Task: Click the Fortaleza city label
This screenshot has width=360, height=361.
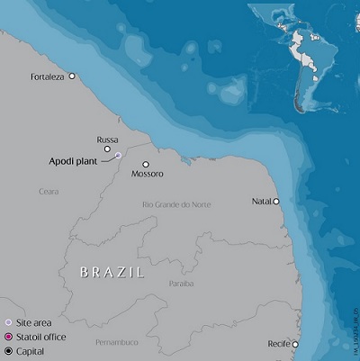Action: [x=48, y=77]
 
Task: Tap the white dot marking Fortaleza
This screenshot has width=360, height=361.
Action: [x=72, y=77]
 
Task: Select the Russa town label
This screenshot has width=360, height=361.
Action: [x=107, y=140]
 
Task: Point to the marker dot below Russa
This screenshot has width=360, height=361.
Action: [x=107, y=149]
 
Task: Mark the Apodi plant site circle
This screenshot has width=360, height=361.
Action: [x=118, y=156]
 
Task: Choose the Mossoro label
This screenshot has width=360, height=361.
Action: [x=147, y=173]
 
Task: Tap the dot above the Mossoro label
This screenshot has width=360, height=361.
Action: [x=145, y=164]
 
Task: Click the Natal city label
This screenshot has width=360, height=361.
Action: [x=262, y=202]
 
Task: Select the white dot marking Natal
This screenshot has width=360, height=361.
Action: [x=276, y=202]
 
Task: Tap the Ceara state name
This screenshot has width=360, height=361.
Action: [x=49, y=191]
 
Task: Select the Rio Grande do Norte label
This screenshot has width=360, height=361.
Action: [x=176, y=205]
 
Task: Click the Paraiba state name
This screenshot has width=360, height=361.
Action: [x=181, y=283]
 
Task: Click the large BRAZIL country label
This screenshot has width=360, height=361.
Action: [x=112, y=271]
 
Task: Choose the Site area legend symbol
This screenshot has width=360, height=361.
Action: [x=8, y=321]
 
